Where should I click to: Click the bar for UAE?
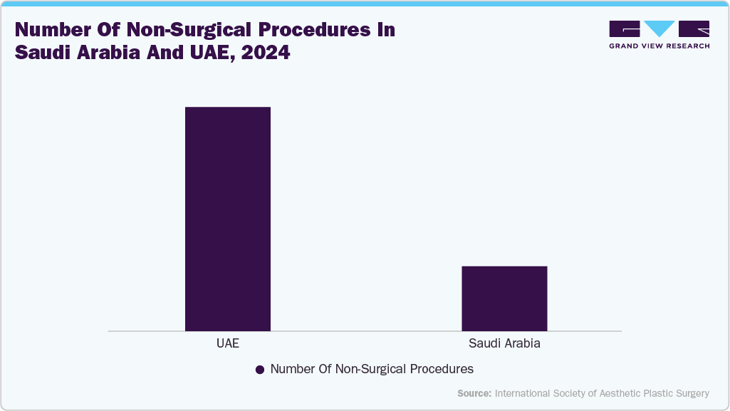click(227, 219)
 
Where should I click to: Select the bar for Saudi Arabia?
click(504, 298)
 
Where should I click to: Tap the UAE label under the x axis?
click(227, 343)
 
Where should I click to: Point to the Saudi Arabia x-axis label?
click(504, 343)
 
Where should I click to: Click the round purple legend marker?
click(260, 370)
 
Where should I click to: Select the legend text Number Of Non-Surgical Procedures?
click(372, 369)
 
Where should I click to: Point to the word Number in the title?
click(51, 30)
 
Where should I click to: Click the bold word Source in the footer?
click(474, 393)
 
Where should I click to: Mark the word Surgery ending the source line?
click(691, 393)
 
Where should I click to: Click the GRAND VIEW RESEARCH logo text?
click(659, 46)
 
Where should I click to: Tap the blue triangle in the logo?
click(659, 28)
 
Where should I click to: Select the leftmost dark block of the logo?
click(625, 28)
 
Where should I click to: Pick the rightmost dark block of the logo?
click(694, 28)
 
